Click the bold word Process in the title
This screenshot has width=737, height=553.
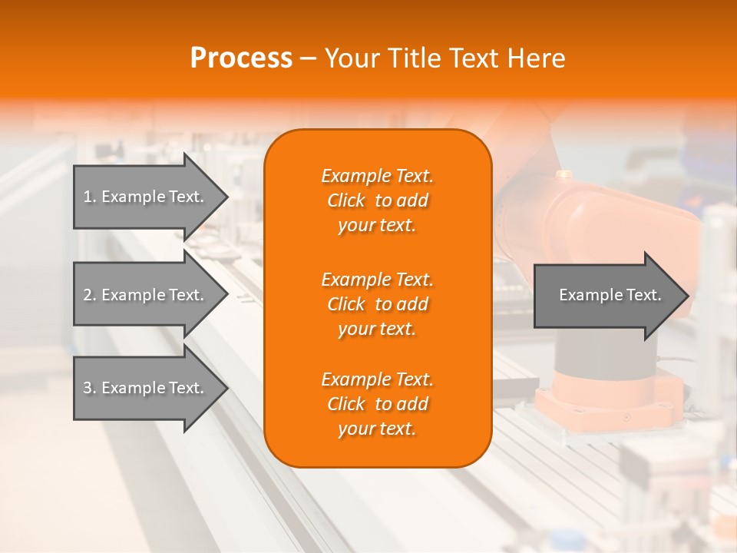tap(241, 58)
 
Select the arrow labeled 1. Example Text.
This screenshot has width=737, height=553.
tap(146, 197)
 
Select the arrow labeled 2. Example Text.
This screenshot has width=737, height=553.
tap(146, 295)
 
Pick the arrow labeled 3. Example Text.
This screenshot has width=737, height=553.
tap(146, 388)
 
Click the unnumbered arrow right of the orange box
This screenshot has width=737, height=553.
tap(606, 295)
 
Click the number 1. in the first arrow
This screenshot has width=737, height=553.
tap(89, 197)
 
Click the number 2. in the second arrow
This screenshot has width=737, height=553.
tap(89, 295)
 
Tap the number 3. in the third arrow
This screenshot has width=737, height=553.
tap(89, 388)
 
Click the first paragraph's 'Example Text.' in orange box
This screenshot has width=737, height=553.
tap(377, 176)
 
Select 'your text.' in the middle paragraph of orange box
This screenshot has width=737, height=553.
tap(377, 329)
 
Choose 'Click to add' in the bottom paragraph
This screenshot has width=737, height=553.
tap(377, 404)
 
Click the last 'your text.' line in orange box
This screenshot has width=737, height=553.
tap(377, 429)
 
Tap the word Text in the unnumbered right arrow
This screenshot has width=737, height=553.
tap(644, 295)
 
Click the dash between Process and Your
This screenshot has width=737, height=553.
tap(309, 58)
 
